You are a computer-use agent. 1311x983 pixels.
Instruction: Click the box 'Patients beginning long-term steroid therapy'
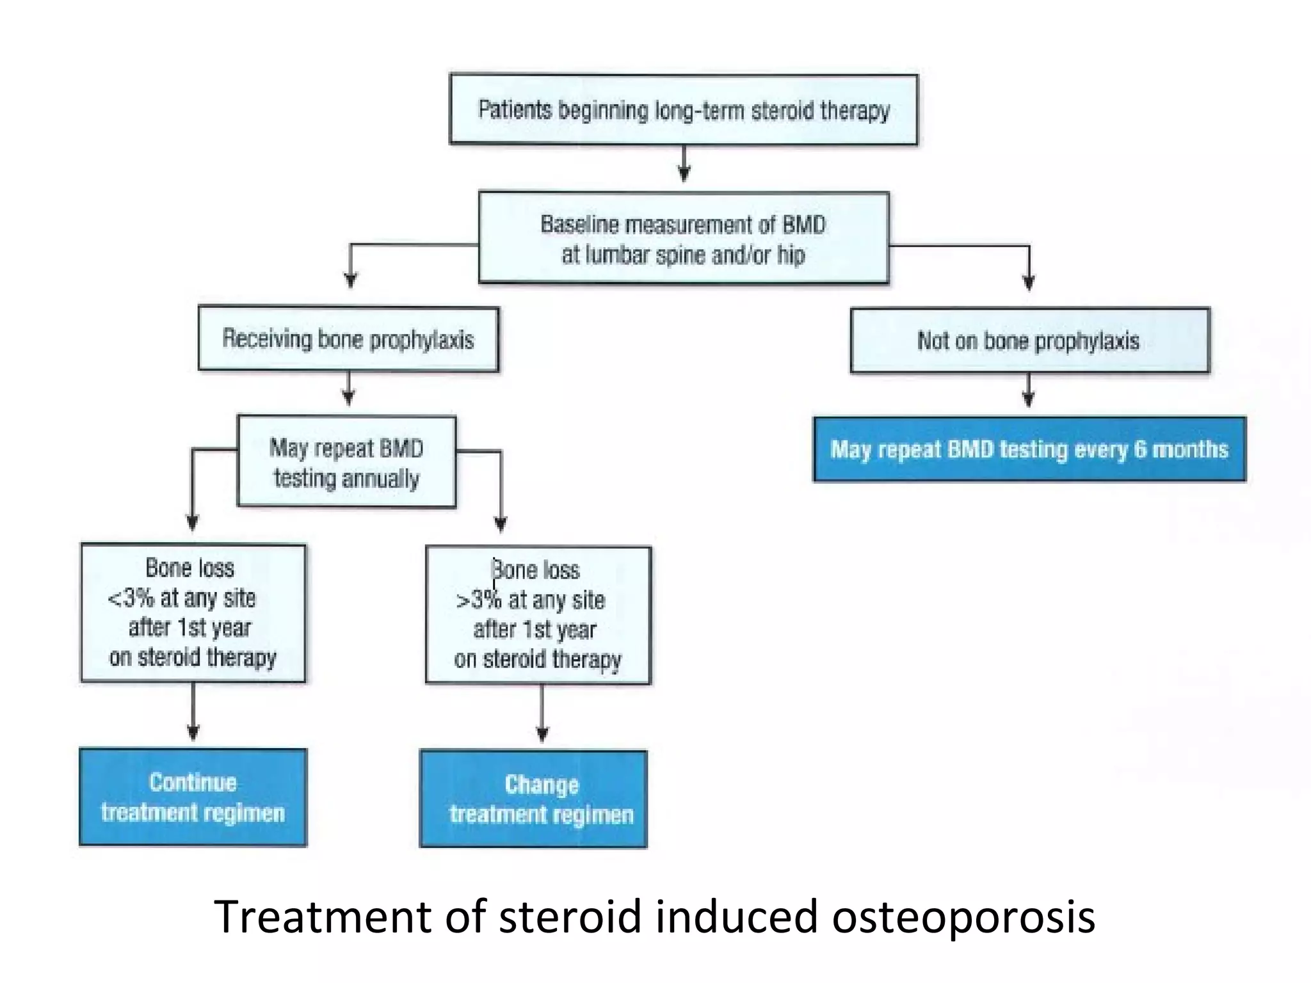(x=683, y=110)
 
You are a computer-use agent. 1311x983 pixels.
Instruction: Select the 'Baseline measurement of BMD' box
(x=683, y=238)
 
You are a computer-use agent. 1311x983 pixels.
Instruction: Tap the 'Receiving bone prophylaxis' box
(x=348, y=339)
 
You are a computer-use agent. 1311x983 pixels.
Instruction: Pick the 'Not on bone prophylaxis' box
(x=1029, y=340)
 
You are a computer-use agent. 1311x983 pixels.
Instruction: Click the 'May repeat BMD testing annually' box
(x=346, y=462)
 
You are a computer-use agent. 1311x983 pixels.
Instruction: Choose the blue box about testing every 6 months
(x=1029, y=449)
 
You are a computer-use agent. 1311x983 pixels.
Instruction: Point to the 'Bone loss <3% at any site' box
(x=193, y=613)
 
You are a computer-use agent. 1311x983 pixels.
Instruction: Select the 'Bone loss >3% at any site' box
(x=538, y=615)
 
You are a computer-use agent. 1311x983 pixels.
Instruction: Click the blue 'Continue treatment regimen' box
(x=193, y=797)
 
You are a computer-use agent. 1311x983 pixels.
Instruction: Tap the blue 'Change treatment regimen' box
(x=533, y=799)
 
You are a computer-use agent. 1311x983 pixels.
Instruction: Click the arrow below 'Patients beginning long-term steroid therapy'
(x=684, y=164)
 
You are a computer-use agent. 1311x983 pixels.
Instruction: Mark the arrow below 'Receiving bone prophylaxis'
(x=348, y=389)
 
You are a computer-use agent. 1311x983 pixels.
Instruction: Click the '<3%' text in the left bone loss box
(x=131, y=598)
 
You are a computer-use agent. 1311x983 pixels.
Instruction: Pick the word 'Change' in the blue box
(x=542, y=785)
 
